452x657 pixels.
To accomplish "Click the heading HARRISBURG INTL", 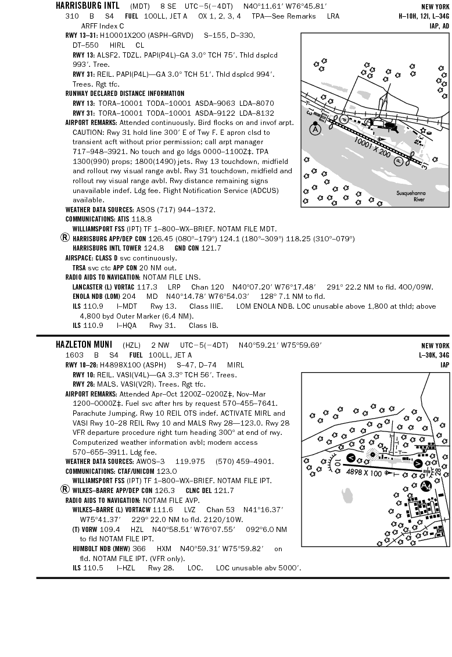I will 87,5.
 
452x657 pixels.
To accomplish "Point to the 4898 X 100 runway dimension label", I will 364,473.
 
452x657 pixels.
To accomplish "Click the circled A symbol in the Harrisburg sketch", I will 315,129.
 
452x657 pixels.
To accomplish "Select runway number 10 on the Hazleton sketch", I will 337,463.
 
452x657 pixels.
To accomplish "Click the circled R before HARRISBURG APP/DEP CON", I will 65,238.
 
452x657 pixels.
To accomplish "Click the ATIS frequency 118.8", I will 141,219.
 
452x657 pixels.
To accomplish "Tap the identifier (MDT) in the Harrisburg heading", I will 139,6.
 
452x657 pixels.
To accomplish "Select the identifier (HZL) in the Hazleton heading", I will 132,345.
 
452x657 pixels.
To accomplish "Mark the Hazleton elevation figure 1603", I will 74,355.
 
